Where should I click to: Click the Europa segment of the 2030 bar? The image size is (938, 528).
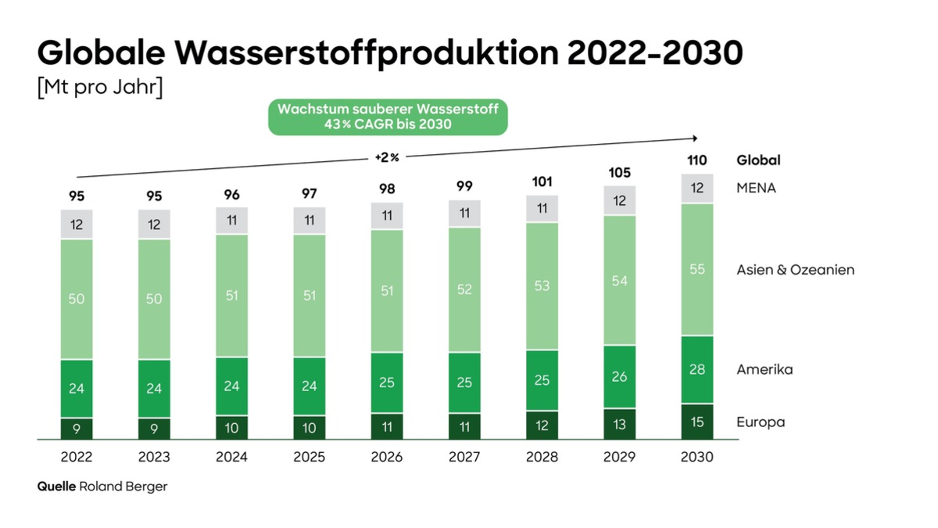coord(697,422)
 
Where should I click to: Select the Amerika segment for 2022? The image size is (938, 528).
coord(77,388)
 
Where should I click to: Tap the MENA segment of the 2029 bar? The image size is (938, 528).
coord(620,201)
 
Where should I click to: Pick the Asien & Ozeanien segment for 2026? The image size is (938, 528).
coord(387,290)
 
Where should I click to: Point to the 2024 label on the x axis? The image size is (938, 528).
coord(231,458)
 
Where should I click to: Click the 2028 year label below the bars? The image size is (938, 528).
coord(542,458)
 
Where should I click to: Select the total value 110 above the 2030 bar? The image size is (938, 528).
coord(697,160)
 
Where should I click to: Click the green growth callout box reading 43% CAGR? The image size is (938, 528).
coord(388,117)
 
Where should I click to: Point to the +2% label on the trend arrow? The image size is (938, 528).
coord(386,157)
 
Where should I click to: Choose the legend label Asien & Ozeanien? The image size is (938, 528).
coord(795,270)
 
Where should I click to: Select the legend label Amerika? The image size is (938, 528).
coord(764,369)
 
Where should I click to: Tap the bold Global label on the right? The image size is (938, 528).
coord(758,160)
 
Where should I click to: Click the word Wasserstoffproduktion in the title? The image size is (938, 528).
coord(367,53)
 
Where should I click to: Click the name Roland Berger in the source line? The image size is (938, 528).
coord(123,487)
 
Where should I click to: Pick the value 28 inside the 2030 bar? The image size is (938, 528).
coord(697,369)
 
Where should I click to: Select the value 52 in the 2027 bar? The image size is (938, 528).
coord(464,289)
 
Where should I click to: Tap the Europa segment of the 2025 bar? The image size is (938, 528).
coord(310,428)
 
